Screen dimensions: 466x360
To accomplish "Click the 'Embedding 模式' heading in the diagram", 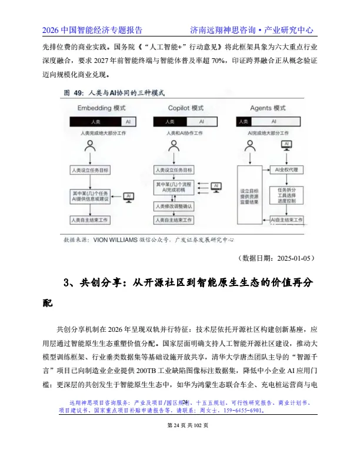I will point(102,108).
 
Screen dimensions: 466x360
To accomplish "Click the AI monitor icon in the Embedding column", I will point(129,197).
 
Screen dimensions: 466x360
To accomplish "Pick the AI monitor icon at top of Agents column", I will point(286,145).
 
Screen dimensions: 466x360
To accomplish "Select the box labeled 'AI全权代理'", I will point(286,169).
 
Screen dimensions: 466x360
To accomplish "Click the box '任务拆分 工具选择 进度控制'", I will point(286,195).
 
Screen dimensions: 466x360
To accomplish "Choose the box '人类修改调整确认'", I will point(174,207).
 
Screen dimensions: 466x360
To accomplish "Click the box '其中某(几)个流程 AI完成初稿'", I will point(174,187).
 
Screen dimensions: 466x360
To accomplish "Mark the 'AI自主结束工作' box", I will point(286,220).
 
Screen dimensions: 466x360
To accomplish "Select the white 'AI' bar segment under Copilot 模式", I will point(202,121).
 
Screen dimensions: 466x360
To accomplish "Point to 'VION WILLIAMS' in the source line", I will point(114,239).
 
